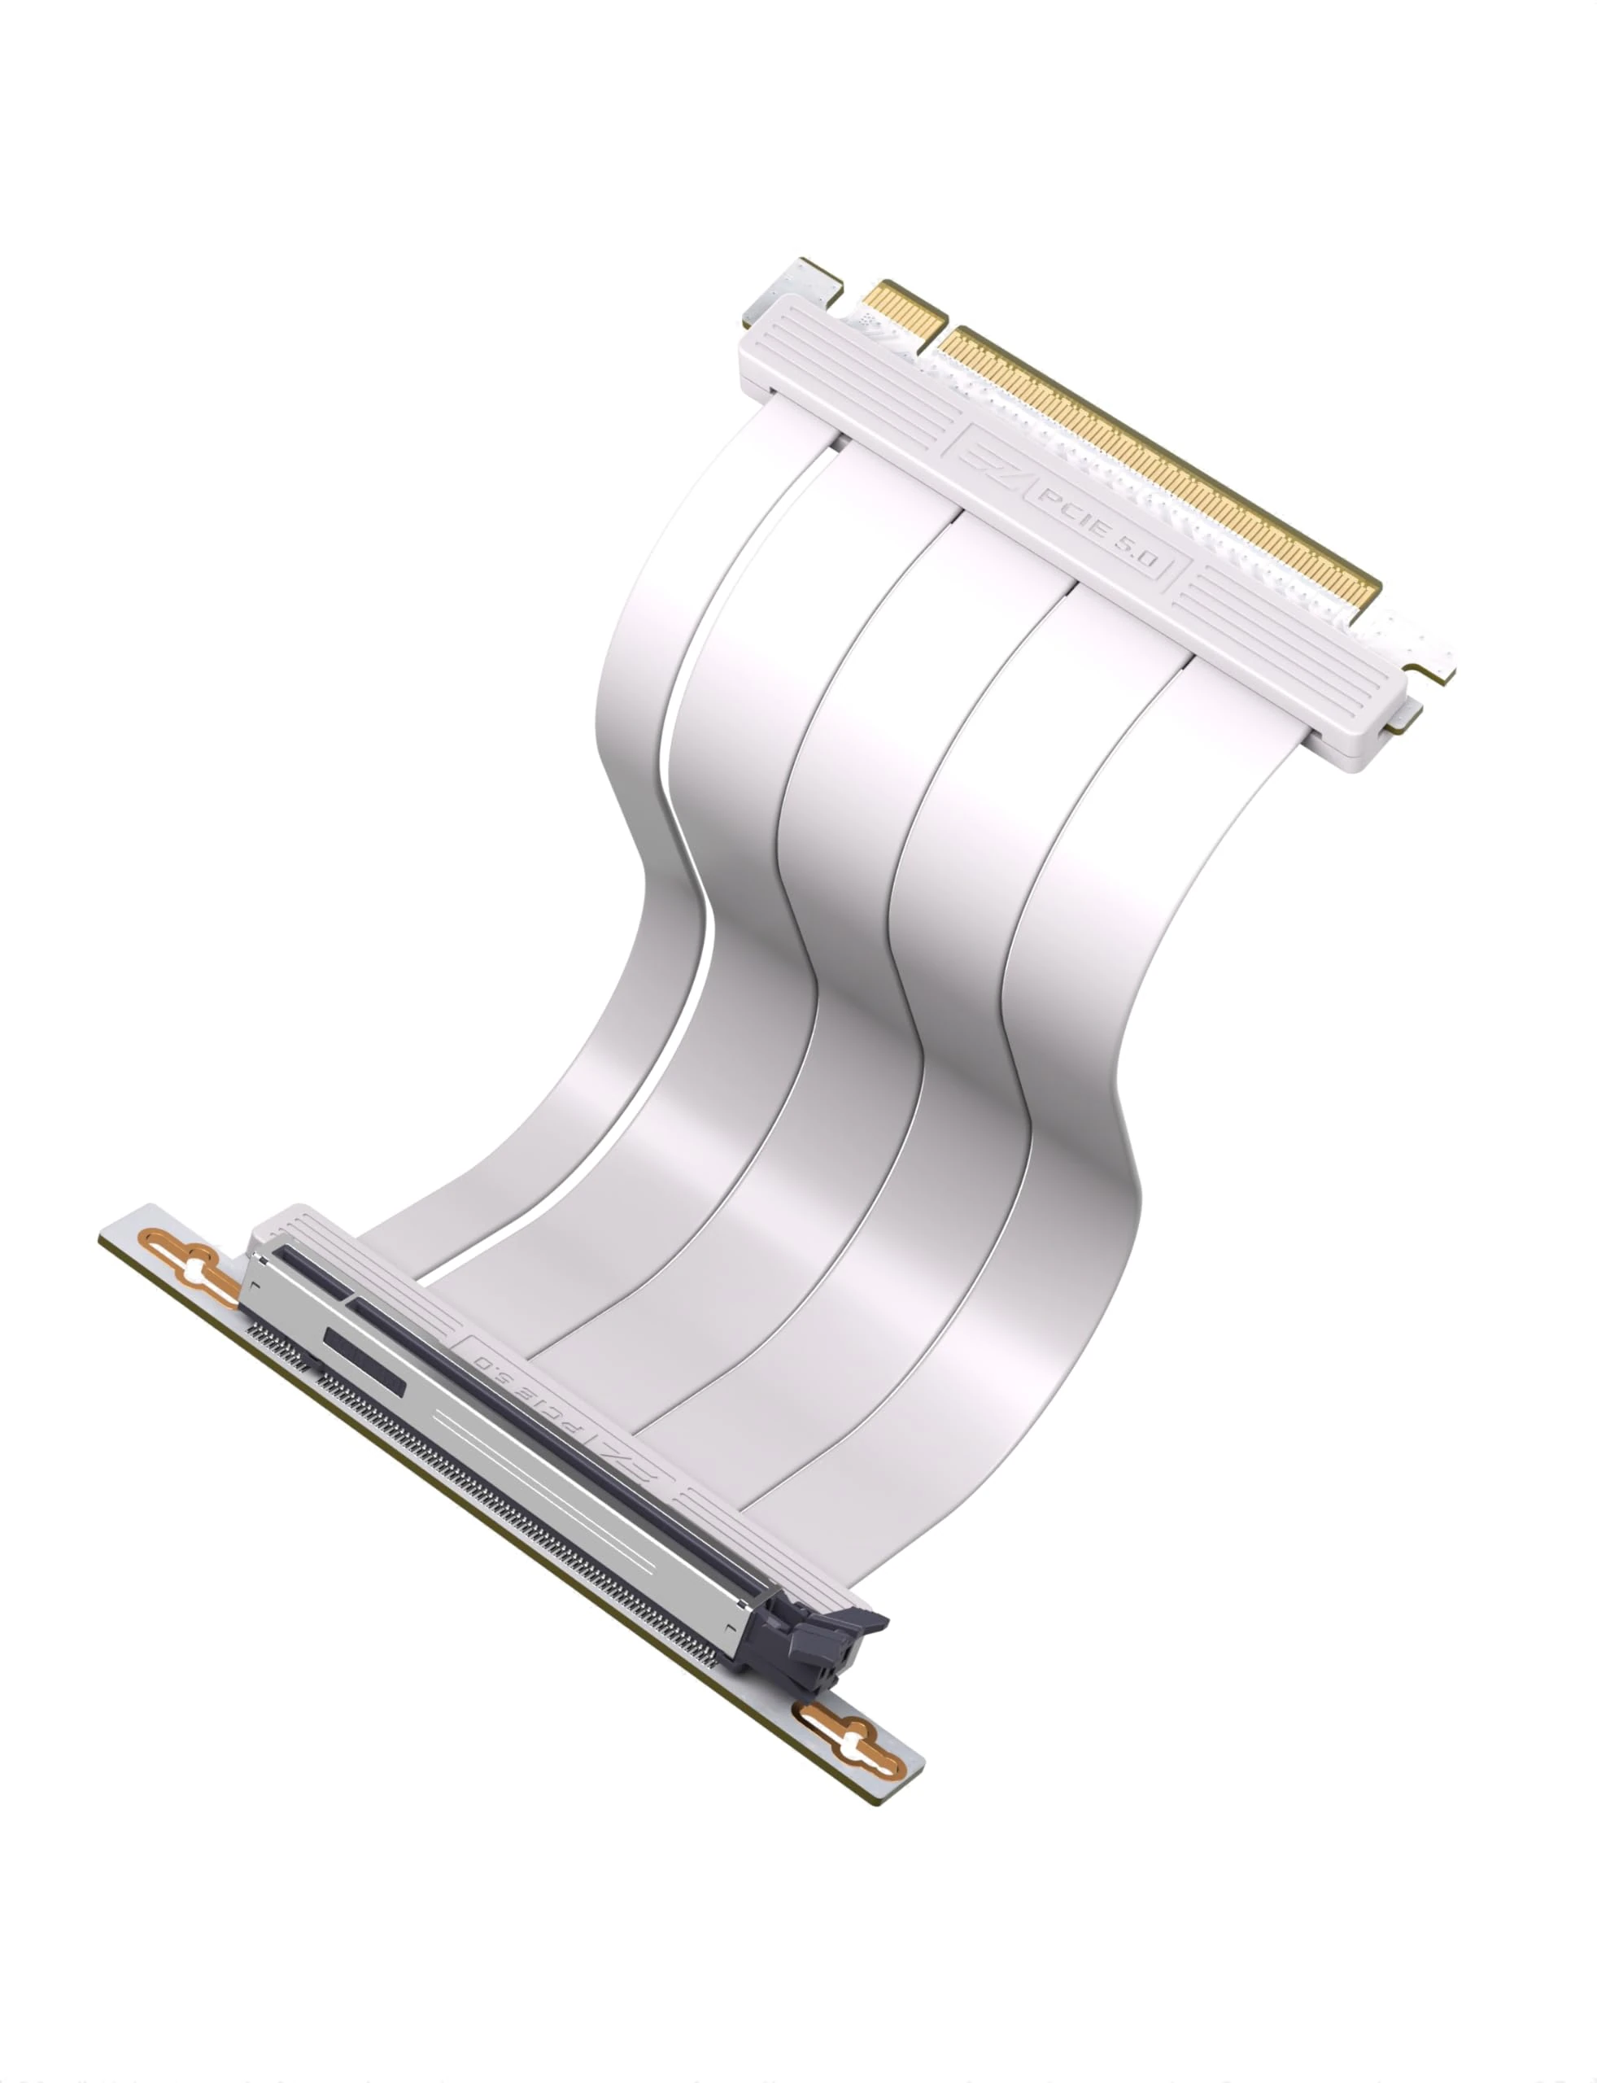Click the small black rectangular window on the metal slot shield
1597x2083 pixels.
364,1360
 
